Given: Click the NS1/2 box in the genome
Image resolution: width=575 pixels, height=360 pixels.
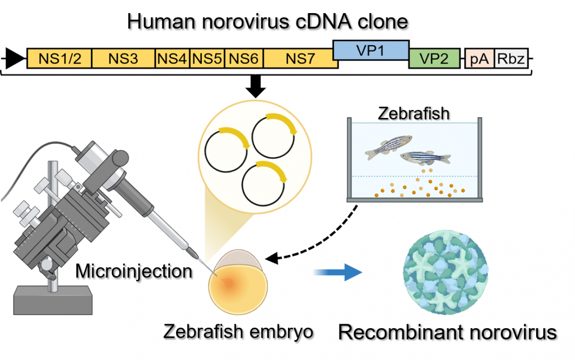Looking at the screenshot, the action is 59,58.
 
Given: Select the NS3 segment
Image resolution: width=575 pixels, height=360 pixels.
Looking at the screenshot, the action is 123,58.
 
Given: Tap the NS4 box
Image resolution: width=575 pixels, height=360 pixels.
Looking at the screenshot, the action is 172,58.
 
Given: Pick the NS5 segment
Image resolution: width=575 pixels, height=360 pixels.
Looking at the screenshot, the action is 207,58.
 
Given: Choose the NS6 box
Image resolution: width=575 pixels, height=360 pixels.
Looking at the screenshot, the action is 244,58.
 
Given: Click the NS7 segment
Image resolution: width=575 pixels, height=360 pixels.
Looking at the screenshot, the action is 300,58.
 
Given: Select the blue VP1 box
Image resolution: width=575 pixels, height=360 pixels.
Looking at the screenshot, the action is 371,50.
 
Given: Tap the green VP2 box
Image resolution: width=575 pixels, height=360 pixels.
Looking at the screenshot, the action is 434,58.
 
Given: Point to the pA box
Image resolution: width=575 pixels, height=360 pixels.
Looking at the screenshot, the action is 480,58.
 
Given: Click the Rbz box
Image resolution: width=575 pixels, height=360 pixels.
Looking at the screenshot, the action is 511,58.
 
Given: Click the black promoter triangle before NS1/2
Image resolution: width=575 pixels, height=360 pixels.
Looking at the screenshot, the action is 15,58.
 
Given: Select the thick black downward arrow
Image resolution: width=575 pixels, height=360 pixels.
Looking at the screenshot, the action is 255,86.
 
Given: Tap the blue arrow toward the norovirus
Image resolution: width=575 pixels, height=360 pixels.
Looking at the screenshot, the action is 338,272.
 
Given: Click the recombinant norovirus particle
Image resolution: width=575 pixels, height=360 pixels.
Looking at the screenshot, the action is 445,272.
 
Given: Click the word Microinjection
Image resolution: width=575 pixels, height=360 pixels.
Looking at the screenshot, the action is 134,272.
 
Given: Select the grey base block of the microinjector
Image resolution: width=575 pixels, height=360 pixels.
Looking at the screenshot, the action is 53,300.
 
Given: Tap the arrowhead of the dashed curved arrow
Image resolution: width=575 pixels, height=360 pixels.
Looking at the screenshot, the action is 271,258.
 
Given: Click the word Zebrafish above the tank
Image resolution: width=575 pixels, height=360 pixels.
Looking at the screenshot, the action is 414,113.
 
